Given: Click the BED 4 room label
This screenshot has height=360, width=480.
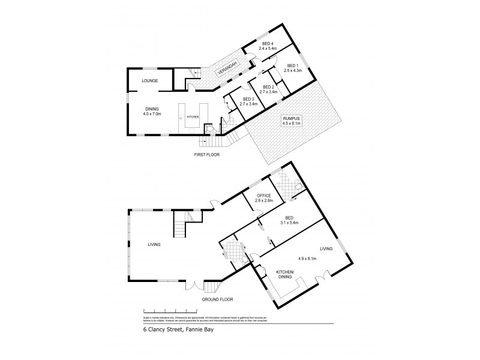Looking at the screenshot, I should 266,43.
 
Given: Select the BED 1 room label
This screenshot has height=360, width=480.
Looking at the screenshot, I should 292,65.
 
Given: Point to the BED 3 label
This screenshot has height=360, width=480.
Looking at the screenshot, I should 248,99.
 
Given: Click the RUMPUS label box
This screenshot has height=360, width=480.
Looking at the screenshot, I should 292,121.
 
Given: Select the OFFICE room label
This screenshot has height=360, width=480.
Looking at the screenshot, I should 265,196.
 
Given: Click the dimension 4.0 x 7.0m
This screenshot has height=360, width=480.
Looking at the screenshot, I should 152,113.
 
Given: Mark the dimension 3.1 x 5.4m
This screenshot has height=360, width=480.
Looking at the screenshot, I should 289,223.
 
